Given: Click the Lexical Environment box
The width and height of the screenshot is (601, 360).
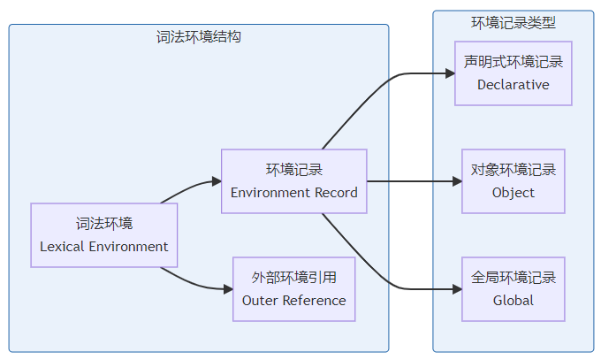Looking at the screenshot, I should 104,235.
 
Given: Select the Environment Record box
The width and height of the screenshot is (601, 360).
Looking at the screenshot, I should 293,181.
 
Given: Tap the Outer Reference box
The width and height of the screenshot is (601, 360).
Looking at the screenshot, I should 293,289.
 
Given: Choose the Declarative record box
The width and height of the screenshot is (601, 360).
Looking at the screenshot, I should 513,73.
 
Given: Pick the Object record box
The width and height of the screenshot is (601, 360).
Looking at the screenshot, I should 513,181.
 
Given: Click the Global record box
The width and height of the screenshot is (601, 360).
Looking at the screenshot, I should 513,289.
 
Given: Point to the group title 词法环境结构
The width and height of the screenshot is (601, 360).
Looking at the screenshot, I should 199,37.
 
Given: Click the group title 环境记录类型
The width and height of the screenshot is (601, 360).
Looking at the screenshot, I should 513,23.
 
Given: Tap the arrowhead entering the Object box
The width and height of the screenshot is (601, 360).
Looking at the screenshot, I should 457,181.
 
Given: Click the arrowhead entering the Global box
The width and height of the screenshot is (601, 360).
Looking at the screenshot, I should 457,289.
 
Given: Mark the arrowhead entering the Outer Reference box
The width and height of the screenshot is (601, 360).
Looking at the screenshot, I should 227,289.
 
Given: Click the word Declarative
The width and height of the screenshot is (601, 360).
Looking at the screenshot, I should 513,85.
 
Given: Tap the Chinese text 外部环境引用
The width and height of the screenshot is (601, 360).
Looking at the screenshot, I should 293,278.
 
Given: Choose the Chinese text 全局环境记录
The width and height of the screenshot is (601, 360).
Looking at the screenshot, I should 513,278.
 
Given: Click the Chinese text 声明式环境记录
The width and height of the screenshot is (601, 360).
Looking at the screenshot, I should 513,62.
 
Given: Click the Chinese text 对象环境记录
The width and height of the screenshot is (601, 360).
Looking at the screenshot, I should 513,170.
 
